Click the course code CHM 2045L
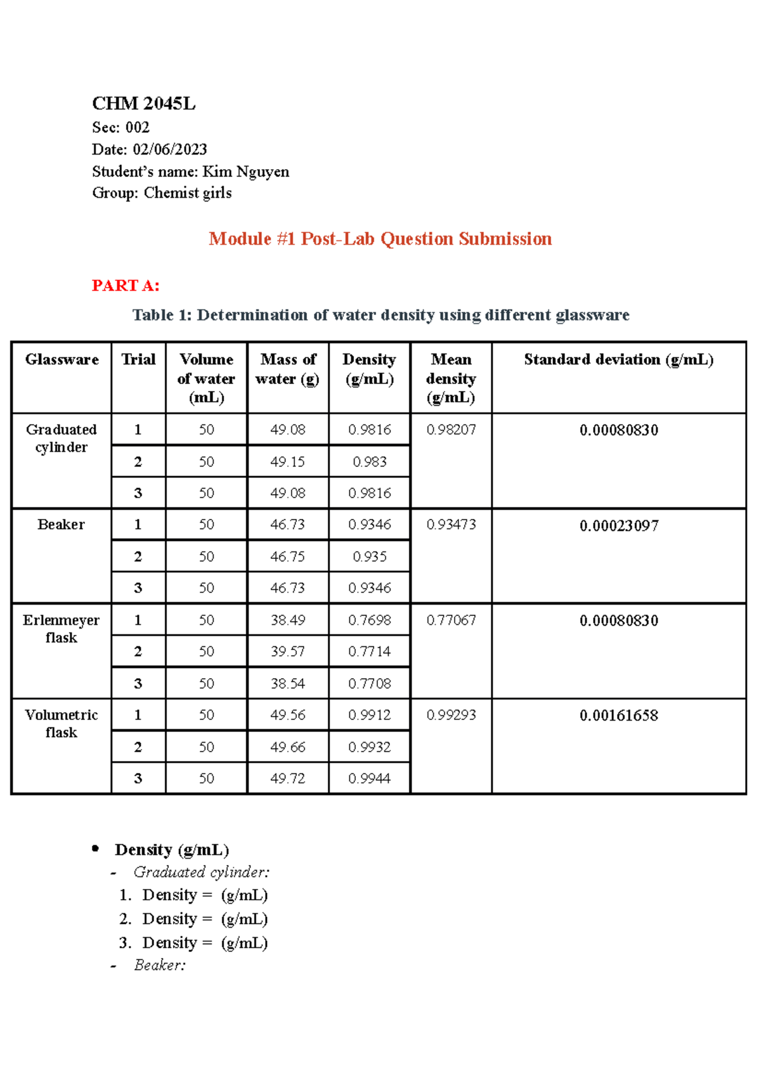[144, 103]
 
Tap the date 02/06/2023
[169, 150]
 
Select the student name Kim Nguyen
[245, 172]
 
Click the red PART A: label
[126, 286]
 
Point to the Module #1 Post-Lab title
[380, 239]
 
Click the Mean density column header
[451, 378]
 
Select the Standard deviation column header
[618, 359]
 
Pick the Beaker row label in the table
[61, 525]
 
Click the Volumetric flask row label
[61, 724]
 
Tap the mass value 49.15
[287, 462]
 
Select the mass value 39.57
[287, 651]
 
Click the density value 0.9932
[369, 747]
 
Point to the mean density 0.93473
[451, 525]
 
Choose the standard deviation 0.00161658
[618, 715]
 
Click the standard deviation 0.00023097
[618, 526]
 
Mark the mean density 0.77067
[451, 620]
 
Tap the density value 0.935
[369, 557]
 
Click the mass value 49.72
[287, 779]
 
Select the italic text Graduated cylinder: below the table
[201, 873]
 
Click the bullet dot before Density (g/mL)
[96, 848]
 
